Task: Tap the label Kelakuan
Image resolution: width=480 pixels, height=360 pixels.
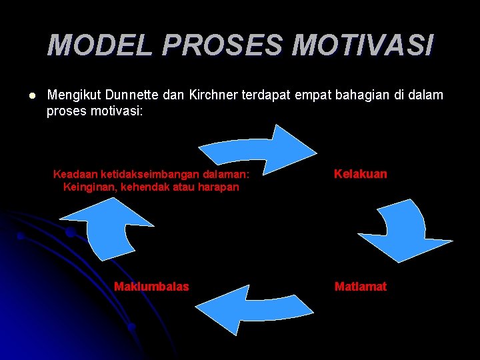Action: (x=360, y=174)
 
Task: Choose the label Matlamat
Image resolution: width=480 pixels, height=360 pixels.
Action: (x=360, y=287)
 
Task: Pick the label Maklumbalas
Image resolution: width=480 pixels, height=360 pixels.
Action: (x=151, y=287)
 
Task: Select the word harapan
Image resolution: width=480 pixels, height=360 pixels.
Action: (x=217, y=187)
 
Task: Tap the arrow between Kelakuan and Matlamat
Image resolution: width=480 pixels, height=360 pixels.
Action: (x=400, y=233)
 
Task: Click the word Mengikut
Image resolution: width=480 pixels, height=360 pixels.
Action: (x=72, y=95)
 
